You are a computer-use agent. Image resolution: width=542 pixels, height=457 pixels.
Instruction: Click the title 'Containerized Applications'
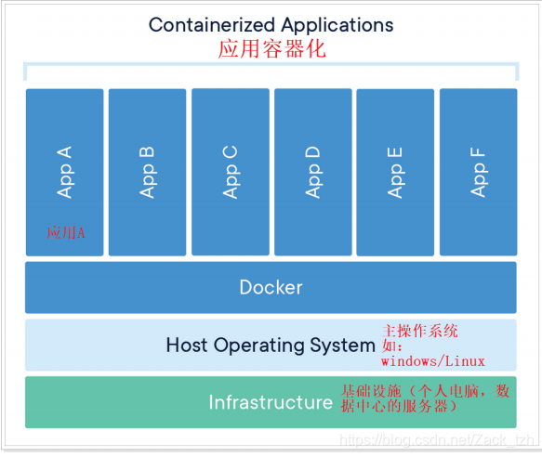[x=271, y=24]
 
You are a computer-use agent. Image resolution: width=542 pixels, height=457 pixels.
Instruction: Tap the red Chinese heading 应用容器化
[x=271, y=49]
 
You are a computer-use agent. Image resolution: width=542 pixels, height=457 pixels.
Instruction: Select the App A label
[x=65, y=171]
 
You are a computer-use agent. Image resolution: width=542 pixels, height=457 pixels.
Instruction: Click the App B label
[x=148, y=171]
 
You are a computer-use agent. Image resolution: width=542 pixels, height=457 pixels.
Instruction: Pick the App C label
[x=231, y=171]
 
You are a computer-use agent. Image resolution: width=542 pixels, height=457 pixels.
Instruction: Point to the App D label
[x=313, y=171]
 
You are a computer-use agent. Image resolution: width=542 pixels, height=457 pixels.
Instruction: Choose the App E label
[x=396, y=171]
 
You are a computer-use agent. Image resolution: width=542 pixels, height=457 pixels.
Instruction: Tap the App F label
[x=479, y=171]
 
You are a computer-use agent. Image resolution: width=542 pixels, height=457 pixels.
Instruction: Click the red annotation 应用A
[x=66, y=232]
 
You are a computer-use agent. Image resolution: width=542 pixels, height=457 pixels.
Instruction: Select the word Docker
[x=271, y=287]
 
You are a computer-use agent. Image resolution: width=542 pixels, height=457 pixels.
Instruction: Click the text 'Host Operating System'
[x=270, y=346]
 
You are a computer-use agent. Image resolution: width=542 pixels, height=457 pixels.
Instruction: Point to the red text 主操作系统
[x=421, y=331]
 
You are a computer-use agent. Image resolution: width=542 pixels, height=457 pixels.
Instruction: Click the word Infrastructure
[x=271, y=402]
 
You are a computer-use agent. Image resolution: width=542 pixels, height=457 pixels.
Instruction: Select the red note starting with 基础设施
[x=425, y=396]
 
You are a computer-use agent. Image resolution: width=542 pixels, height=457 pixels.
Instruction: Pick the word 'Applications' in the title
[x=332, y=24]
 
